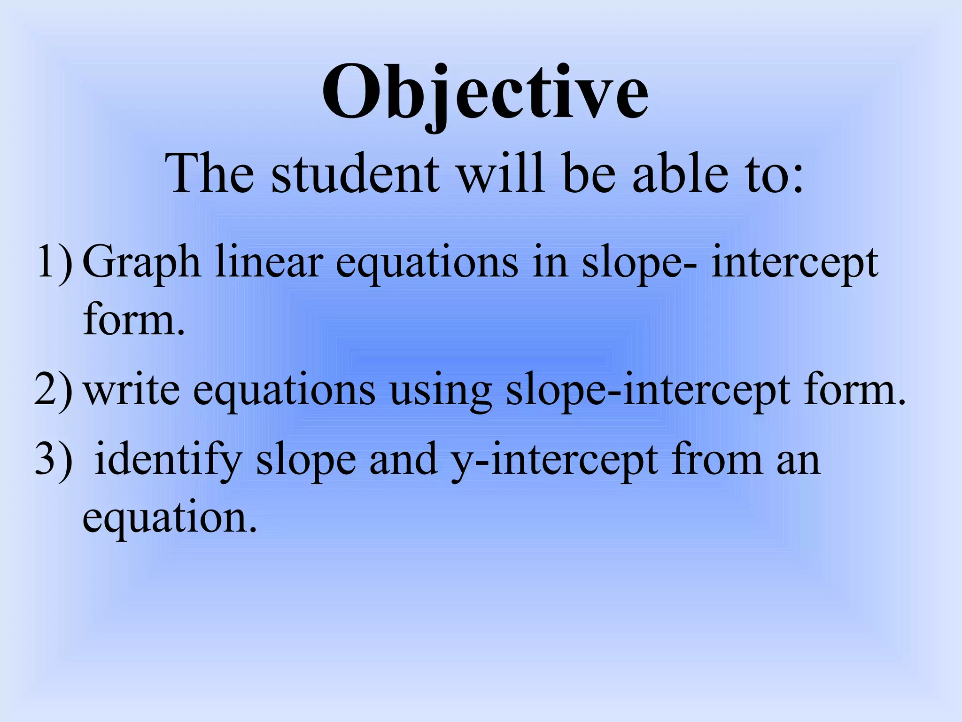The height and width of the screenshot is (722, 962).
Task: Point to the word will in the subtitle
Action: (x=502, y=174)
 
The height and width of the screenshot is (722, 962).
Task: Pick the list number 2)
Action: (x=54, y=390)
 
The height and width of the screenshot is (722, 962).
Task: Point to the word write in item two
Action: (x=132, y=390)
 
